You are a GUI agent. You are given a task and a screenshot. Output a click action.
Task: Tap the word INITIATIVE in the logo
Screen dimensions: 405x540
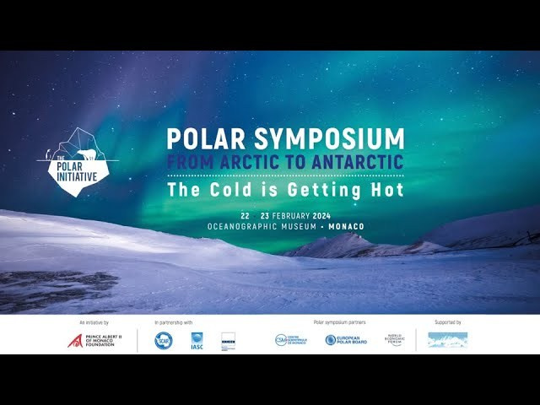[x=78, y=175]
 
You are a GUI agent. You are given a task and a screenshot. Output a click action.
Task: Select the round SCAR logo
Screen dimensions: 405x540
[x=164, y=340]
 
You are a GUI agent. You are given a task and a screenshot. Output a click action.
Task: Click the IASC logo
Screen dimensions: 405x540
[x=197, y=341]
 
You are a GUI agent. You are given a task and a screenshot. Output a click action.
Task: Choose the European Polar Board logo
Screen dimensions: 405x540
[x=348, y=340]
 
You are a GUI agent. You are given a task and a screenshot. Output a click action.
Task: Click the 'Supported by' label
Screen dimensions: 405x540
[x=447, y=322]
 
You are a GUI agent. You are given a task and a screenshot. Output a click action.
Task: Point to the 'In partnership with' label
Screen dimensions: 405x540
[x=174, y=322]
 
